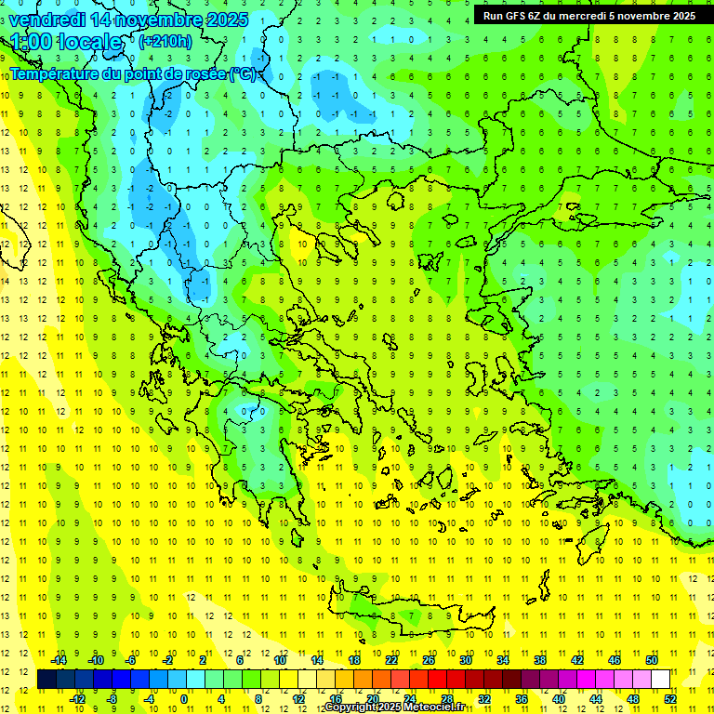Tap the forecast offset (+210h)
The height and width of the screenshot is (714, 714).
[x=165, y=41]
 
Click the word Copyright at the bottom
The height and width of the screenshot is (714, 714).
[x=350, y=707]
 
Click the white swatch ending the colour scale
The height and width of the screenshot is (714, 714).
[x=660, y=679]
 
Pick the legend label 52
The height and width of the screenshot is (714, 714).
[x=670, y=698]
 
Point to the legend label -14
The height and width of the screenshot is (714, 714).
[x=58, y=659]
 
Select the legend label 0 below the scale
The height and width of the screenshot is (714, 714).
[x=184, y=698]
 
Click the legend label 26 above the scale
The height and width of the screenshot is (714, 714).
[x=429, y=659]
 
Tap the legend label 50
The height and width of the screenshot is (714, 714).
[x=652, y=659]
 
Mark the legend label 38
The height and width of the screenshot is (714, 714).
[x=540, y=659]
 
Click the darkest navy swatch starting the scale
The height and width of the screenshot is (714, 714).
[x=46, y=679]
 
